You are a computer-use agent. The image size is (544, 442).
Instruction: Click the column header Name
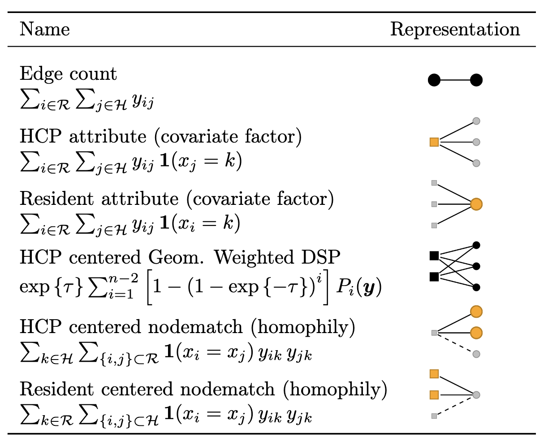point(45,29)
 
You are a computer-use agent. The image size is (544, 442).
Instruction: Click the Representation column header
point(455,30)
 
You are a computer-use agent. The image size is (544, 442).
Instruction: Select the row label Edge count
point(68,74)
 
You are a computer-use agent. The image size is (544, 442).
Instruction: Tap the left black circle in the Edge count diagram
point(434,80)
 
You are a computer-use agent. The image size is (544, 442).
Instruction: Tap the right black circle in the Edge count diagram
point(476,80)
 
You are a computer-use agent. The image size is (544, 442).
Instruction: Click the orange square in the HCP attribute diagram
point(434,142)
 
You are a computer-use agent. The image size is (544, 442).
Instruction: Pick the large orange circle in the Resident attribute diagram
point(476,204)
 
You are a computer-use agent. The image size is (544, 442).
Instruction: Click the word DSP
point(321,257)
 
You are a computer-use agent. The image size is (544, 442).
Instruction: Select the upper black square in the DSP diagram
point(434,256)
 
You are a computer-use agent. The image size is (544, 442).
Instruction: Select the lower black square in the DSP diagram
point(434,277)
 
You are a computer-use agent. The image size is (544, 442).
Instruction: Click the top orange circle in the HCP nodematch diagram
point(476,312)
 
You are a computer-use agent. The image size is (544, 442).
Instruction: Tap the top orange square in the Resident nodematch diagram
point(434,374)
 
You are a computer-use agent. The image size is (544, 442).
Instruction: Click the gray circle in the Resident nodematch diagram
point(476,395)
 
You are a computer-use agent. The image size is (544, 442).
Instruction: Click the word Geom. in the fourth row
point(176,257)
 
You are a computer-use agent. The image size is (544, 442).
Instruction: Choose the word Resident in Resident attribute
point(57,199)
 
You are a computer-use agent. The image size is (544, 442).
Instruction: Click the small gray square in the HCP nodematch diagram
point(434,333)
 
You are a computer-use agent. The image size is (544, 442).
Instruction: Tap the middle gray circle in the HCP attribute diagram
point(476,142)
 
